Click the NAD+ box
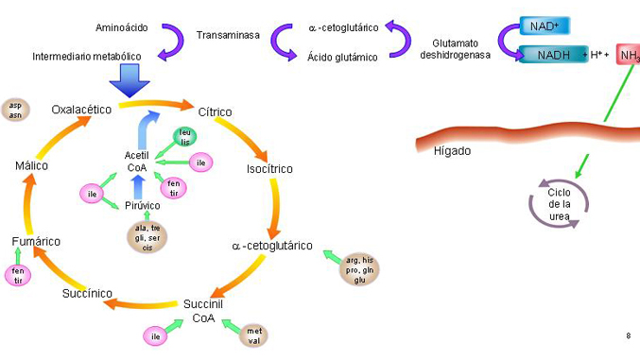[x=545, y=26]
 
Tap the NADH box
[x=553, y=54]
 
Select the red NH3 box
[x=629, y=55]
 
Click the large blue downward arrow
[x=130, y=80]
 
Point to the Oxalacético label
[x=81, y=110]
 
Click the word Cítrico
[x=215, y=111]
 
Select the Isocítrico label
[x=269, y=168]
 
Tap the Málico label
[x=31, y=165]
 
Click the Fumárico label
[x=36, y=241]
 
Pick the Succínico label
[x=87, y=294]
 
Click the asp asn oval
[x=15, y=111]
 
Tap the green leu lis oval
[x=185, y=137]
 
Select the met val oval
[x=254, y=336]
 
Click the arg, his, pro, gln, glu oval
[x=359, y=270]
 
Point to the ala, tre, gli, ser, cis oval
[x=147, y=237]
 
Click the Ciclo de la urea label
[x=560, y=204]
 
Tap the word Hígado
[x=452, y=151]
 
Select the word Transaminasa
[x=228, y=35]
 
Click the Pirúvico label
[x=142, y=206]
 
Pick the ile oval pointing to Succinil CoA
[x=155, y=336]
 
